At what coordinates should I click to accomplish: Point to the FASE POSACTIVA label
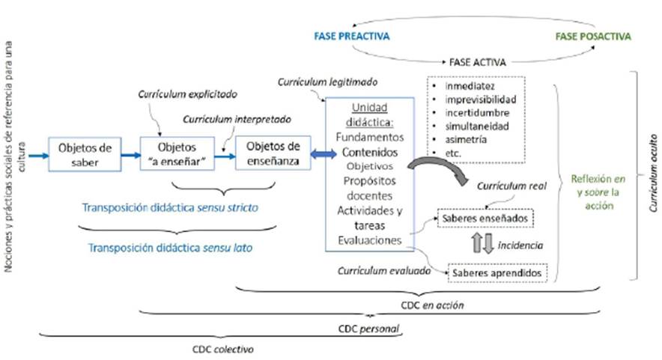[x=592, y=36]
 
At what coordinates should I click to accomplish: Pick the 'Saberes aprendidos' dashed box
[x=498, y=273]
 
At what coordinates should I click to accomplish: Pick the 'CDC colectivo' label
[x=222, y=349]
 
